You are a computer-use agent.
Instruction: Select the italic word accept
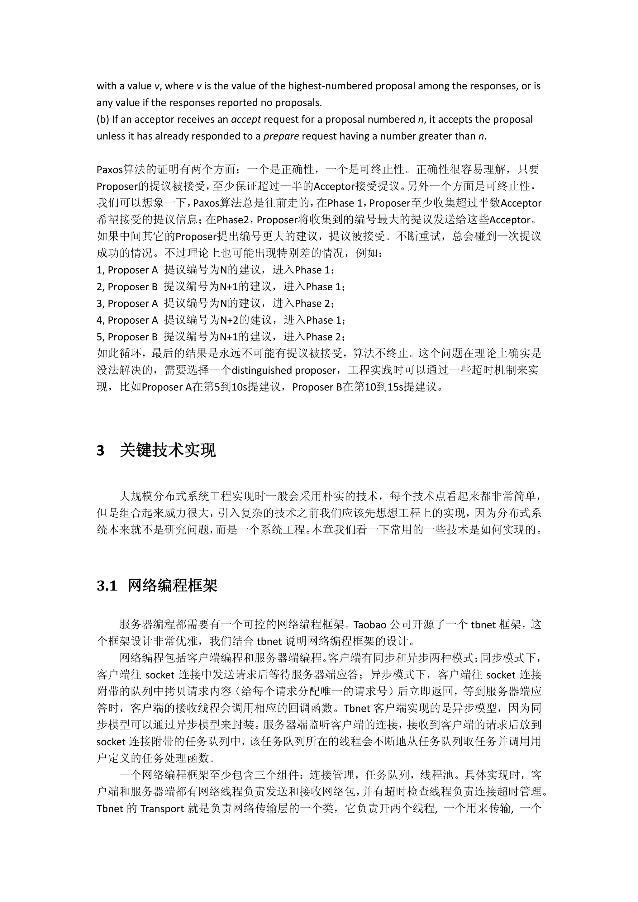click(x=246, y=119)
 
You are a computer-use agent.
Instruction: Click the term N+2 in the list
click(x=229, y=320)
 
